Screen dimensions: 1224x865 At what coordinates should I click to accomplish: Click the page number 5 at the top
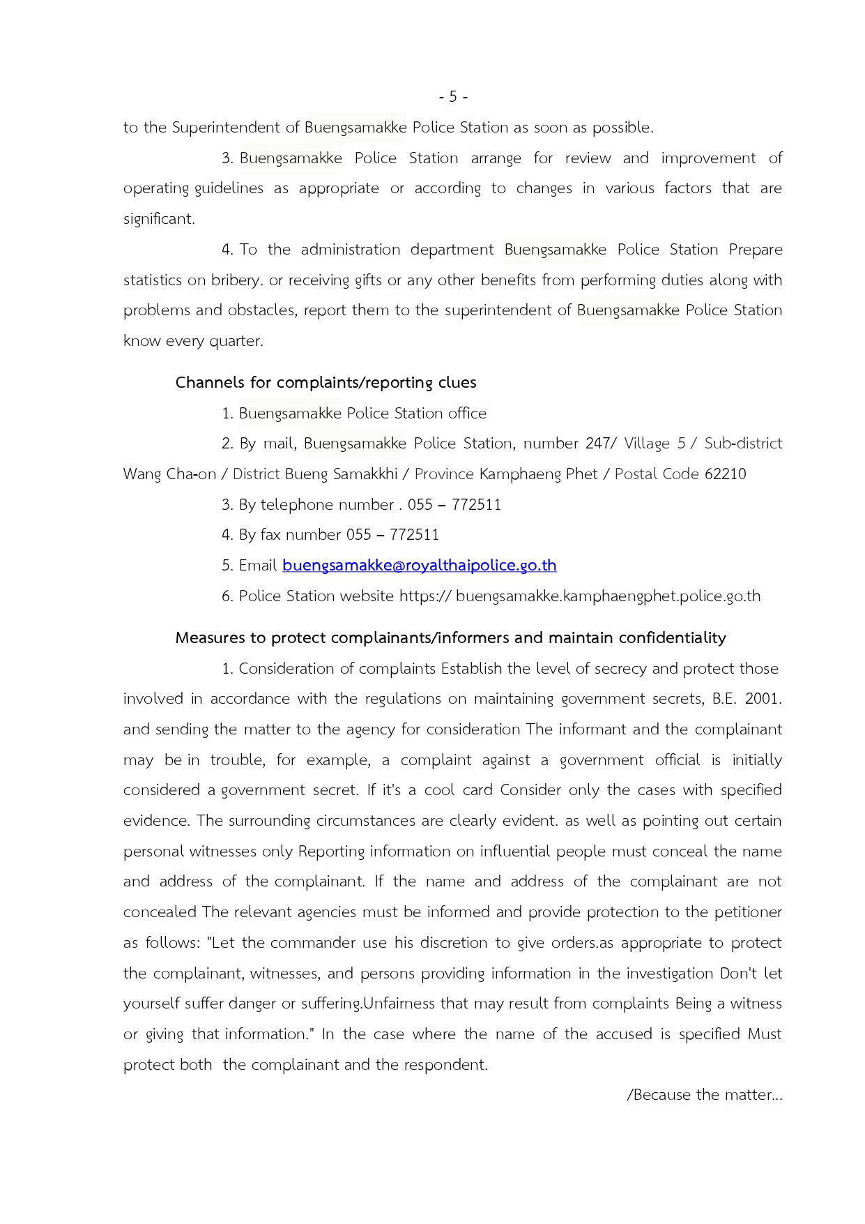click(453, 97)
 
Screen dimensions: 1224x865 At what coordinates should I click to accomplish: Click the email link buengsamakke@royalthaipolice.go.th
click(419, 565)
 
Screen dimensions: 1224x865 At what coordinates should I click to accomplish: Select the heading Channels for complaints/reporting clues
click(326, 382)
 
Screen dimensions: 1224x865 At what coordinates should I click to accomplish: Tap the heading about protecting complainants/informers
click(450, 637)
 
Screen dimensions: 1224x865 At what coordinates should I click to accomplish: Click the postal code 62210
click(725, 474)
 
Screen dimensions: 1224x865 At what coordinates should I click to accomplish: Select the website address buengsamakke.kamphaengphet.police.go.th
click(608, 596)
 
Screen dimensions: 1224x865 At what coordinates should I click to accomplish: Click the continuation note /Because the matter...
click(704, 1095)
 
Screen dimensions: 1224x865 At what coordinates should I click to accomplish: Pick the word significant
click(158, 219)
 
